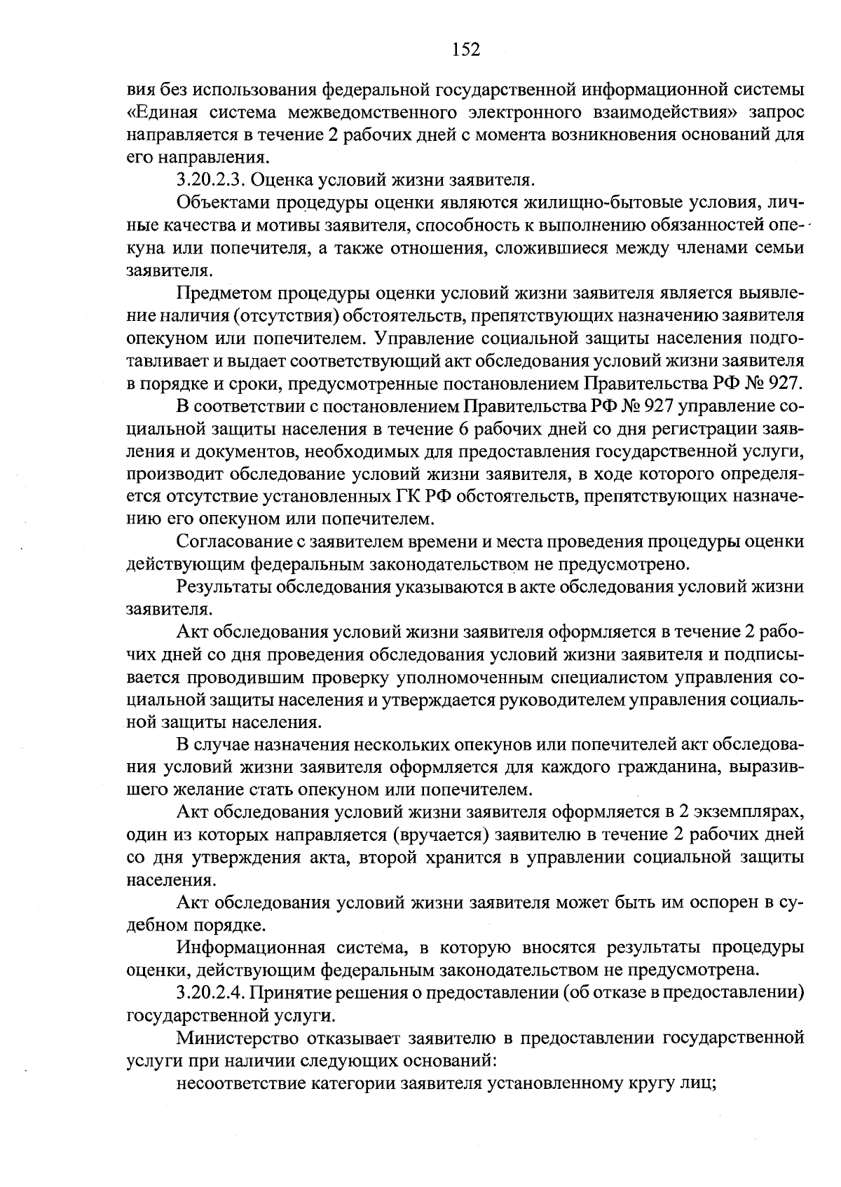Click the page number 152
coord(465,48)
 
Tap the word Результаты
coord(225,586)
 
